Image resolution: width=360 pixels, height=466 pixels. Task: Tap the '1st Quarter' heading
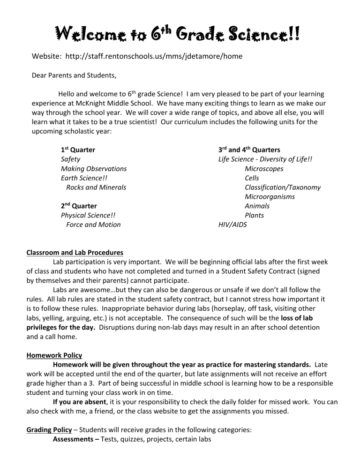[78, 150]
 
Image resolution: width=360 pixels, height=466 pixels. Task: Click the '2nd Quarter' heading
[80, 206]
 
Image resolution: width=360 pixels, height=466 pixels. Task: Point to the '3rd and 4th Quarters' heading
[249, 150]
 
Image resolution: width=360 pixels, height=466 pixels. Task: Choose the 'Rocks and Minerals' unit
[96, 187]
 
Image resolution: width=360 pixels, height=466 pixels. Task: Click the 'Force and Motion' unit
[93, 225]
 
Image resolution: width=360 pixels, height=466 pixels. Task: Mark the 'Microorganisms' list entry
[270, 196]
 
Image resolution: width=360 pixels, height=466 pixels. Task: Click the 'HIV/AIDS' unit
[232, 225]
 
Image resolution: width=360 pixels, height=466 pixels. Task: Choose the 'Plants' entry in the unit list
[254, 215]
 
